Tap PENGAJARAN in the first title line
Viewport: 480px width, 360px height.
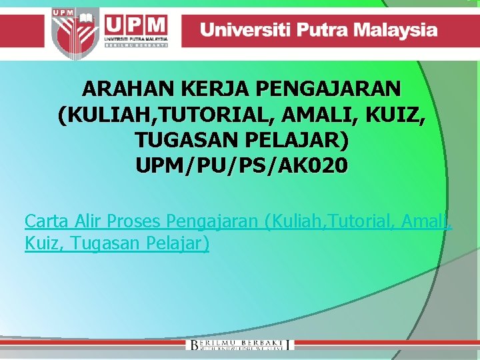click(327, 89)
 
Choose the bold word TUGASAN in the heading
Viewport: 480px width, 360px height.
click(179, 141)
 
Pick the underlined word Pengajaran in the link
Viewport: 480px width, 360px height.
click(213, 221)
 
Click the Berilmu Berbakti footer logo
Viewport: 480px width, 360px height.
click(240, 344)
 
